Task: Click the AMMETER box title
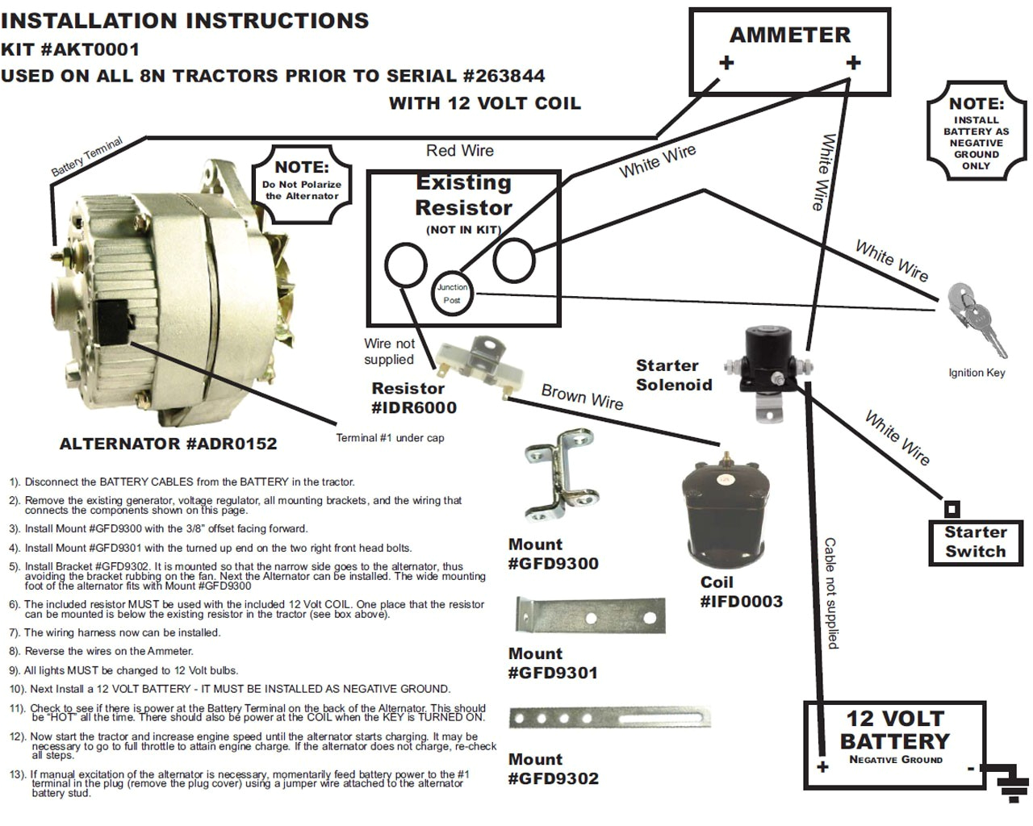(x=789, y=35)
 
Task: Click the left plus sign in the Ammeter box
(x=726, y=63)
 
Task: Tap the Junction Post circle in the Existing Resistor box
(x=452, y=294)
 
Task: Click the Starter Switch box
(x=975, y=542)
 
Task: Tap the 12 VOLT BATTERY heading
(x=894, y=729)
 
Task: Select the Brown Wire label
(x=582, y=397)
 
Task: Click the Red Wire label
(x=459, y=151)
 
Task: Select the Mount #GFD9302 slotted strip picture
(x=609, y=717)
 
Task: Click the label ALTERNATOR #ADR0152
(x=168, y=444)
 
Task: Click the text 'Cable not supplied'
(x=830, y=593)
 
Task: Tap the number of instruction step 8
(x=14, y=652)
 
